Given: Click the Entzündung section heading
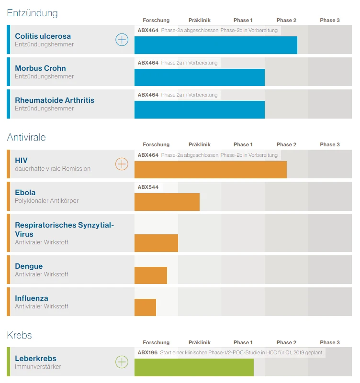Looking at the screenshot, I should coord(32,13).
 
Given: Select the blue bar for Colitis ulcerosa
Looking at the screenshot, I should coord(215,45).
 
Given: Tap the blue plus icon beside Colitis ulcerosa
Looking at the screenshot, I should coord(122,40).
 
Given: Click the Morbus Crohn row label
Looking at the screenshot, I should coord(40,68).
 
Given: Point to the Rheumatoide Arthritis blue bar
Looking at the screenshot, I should coord(199,109).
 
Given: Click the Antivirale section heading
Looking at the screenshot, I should coord(26,137).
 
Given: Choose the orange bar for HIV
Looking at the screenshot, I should coord(210,170).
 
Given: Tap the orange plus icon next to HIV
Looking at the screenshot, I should coord(122,164).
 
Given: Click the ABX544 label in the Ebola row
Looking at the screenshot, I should coord(148,187).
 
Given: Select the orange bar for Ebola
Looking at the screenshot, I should coord(167,202).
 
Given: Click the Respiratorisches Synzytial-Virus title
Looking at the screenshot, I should coord(65,230).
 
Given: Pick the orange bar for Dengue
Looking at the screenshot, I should coord(150,275).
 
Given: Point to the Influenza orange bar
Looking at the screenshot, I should coord(145,307).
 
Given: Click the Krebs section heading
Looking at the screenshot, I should coord(19,335).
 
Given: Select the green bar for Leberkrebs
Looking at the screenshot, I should coord(194,367).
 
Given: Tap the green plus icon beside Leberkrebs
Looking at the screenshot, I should coord(122,362).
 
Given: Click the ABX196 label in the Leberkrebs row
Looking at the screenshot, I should coord(148,352).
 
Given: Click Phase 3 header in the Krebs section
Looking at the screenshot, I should coord(330,342).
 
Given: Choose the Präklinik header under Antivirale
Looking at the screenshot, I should coord(200,144).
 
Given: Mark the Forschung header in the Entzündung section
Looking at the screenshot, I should coord(156,20).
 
